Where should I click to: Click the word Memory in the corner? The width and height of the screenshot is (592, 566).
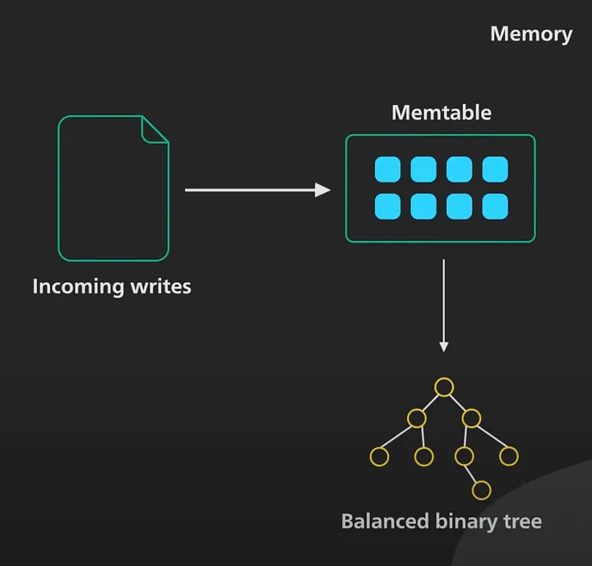point(530,34)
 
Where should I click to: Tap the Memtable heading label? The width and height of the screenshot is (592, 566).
point(441,112)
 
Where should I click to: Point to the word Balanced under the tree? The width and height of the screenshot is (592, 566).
point(385,522)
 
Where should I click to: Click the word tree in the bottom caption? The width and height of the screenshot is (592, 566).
point(521,522)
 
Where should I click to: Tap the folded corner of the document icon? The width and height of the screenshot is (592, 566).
point(155,128)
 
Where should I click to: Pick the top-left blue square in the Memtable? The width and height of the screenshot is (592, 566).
point(387,169)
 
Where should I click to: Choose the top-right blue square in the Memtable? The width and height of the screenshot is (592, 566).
point(495,169)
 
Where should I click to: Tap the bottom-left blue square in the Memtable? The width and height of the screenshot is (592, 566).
point(387,206)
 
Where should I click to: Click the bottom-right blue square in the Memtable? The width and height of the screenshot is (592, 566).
point(495,206)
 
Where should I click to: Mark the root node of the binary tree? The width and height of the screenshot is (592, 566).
point(444,386)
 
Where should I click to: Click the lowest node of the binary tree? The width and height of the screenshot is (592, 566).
point(482,490)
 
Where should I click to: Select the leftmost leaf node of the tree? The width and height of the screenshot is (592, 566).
point(379,455)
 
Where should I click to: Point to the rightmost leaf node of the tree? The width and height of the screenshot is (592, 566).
point(509,455)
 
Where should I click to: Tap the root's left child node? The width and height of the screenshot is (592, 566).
point(416,418)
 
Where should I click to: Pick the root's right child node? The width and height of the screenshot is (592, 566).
point(471,418)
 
